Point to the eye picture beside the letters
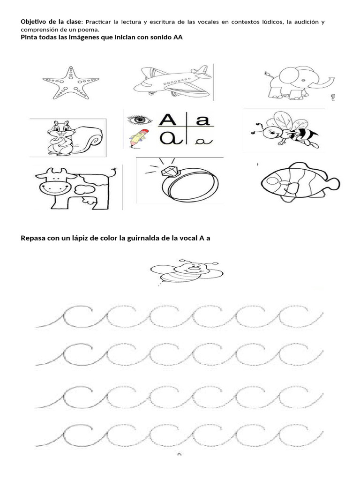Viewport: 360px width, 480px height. tap(139, 120)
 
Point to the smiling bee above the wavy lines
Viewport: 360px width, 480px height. tap(187, 271)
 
